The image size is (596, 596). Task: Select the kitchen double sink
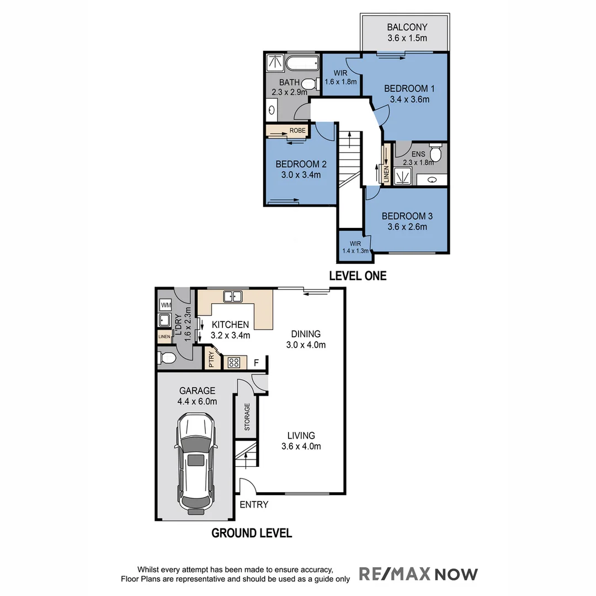point(232,297)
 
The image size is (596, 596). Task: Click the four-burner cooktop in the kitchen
point(234,363)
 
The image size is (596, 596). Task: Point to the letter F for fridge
point(256,363)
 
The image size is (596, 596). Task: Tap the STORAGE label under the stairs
point(247,417)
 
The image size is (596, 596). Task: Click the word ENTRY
point(254,504)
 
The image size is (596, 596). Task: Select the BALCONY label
point(407,27)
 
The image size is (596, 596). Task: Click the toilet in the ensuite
point(435,153)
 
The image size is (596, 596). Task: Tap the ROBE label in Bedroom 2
point(297,130)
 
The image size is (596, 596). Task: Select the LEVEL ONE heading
point(358,276)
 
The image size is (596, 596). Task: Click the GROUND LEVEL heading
point(252,533)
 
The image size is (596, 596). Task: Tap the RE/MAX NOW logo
point(418,574)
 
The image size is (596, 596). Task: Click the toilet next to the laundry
point(167,358)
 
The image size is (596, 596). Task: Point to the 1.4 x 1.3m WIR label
point(355,250)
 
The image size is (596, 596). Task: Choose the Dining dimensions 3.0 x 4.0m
point(306,345)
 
